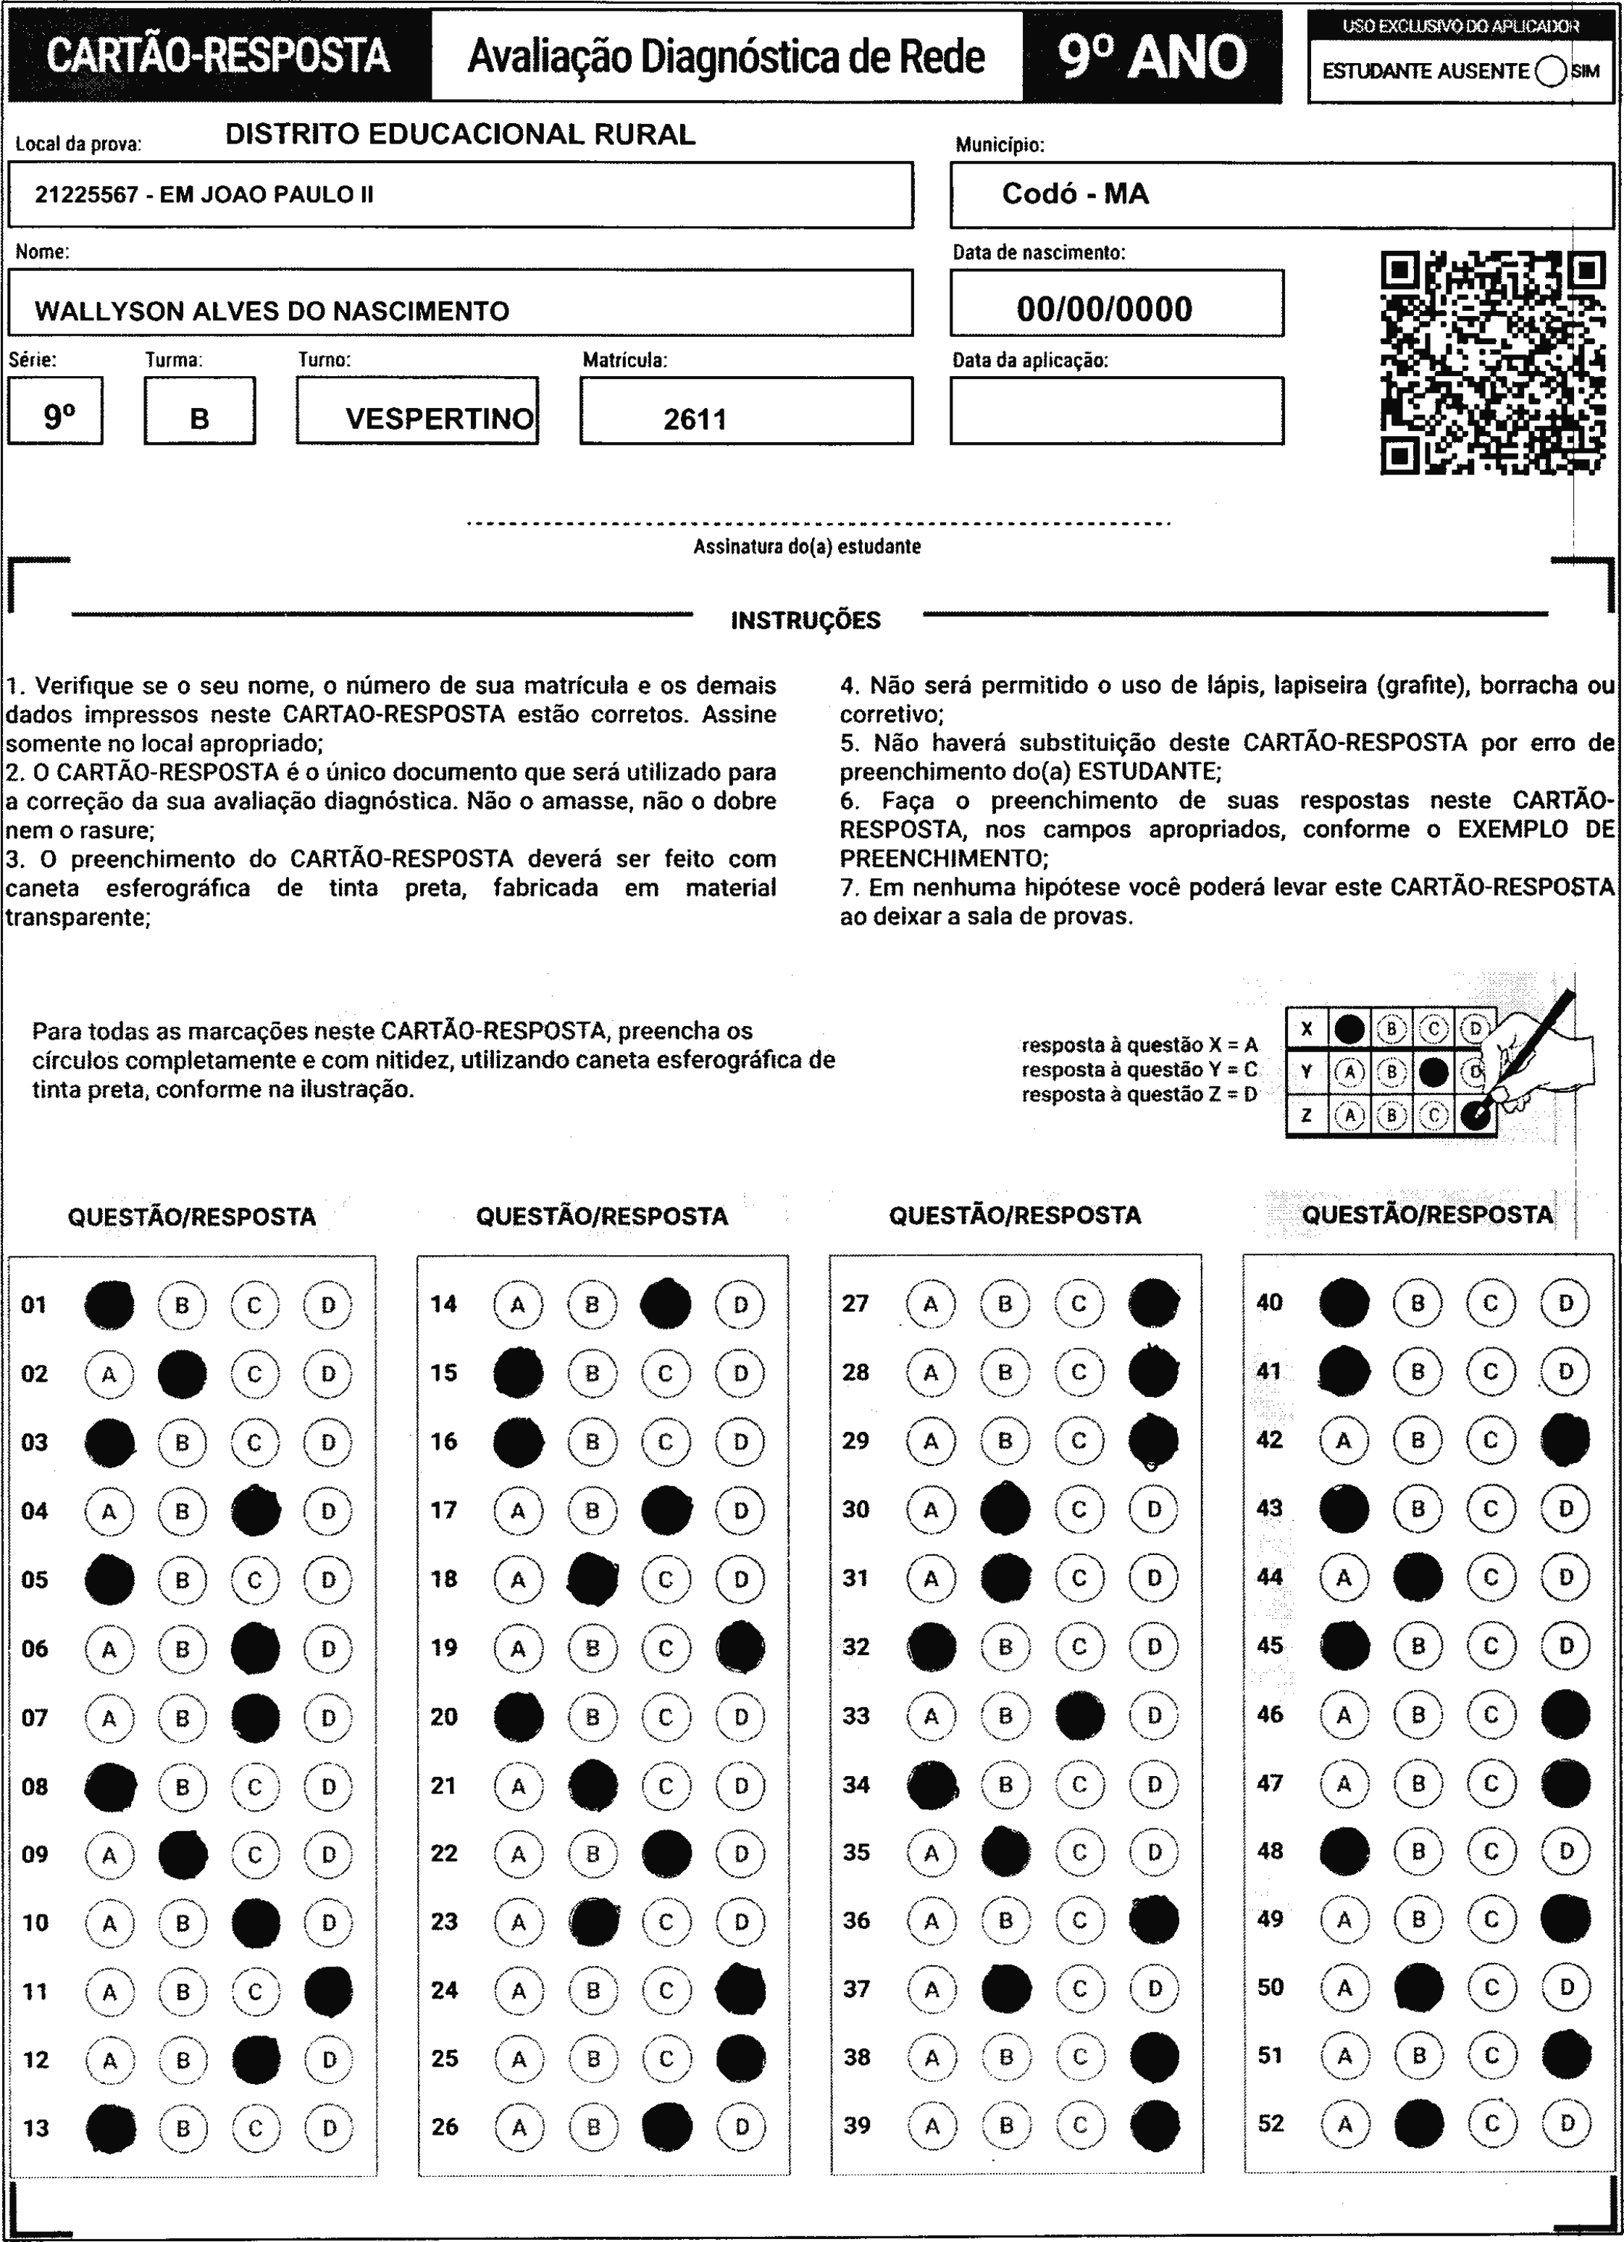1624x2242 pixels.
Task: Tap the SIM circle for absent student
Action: pos(1551,71)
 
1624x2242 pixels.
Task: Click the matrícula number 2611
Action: pos(695,419)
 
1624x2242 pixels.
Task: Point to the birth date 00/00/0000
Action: pos(1104,309)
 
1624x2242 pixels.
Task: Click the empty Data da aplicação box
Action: pos(1116,410)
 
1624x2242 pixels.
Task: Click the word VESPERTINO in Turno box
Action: pos(439,419)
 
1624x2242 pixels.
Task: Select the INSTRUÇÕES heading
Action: pos(805,621)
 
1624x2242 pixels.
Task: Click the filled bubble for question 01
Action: pos(109,1305)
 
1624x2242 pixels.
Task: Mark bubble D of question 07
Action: pos(328,1719)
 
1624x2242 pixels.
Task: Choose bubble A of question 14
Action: pos(518,1305)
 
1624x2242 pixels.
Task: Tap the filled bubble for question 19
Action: pos(740,1648)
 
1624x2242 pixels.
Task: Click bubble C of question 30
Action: pos(1079,1510)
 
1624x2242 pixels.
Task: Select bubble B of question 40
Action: pos(1418,1304)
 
